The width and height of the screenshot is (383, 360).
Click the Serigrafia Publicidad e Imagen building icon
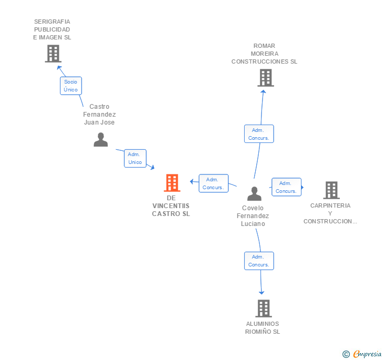53,54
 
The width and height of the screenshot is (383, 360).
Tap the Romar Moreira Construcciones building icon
266,78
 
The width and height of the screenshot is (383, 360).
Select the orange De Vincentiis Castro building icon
172,183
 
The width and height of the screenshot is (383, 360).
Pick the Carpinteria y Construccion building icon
331,190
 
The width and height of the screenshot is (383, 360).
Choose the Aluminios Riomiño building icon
264,308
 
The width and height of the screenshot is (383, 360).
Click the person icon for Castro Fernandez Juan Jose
100,139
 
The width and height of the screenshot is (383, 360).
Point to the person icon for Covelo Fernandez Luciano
254,193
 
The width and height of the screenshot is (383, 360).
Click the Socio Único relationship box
70,86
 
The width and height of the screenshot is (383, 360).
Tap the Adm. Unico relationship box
135,158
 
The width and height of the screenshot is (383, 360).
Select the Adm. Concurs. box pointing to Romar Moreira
259,134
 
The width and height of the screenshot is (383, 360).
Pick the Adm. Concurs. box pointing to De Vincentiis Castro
213,183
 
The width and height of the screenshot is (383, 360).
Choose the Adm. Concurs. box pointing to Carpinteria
286,187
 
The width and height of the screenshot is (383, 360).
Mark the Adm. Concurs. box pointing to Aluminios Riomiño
259,261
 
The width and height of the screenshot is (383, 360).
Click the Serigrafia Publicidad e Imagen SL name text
52,29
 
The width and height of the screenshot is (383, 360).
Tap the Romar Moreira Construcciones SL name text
264,54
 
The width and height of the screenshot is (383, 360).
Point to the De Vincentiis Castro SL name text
171,206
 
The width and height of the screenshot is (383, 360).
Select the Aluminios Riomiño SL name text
263,327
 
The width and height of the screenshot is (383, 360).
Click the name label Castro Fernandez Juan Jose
99,115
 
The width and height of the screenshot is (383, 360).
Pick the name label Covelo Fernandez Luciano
253,216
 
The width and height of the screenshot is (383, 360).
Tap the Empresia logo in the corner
362,354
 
